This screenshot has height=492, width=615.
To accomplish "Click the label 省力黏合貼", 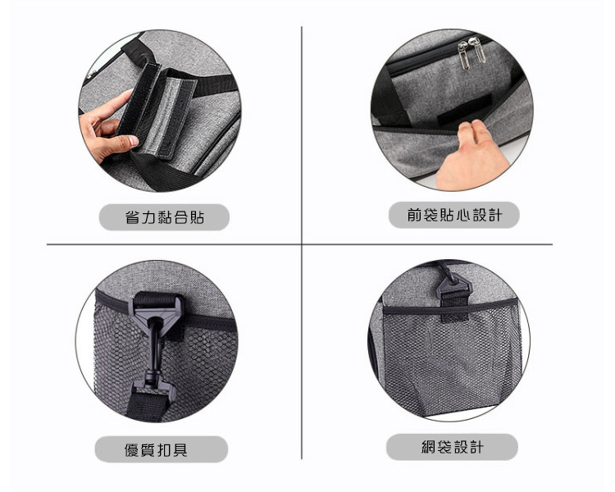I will [164, 217].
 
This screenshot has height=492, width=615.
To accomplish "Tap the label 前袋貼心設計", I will [453, 215].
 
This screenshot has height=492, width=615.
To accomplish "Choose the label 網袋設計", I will [452, 447].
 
